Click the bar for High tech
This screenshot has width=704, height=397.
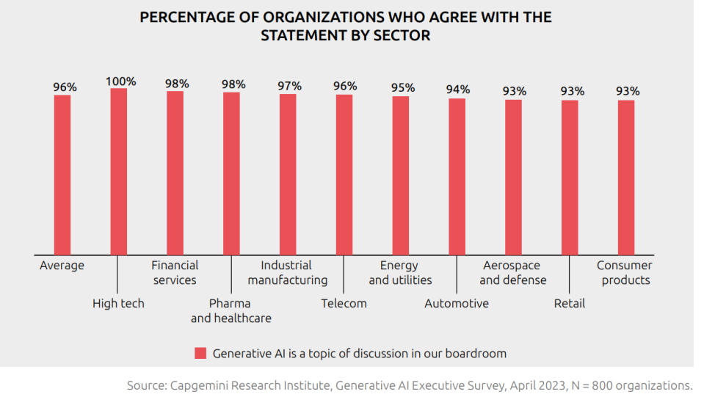(119, 172)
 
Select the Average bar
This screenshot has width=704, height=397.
(62, 175)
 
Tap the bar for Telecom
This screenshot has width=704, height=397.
(344, 175)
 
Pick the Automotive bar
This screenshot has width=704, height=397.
(457, 176)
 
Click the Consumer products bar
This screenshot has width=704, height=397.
(626, 178)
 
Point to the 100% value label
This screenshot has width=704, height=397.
(120, 81)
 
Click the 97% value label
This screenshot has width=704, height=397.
(289, 86)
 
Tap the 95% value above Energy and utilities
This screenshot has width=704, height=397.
(402, 88)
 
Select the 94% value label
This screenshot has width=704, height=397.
(458, 90)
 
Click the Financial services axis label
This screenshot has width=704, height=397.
(175, 272)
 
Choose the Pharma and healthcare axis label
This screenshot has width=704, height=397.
(231, 310)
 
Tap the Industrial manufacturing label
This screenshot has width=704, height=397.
(287, 272)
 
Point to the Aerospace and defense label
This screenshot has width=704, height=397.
(512, 272)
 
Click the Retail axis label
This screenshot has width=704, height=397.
(570, 303)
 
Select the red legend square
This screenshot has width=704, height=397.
(200, 353)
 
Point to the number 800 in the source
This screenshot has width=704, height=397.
(606, 385)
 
